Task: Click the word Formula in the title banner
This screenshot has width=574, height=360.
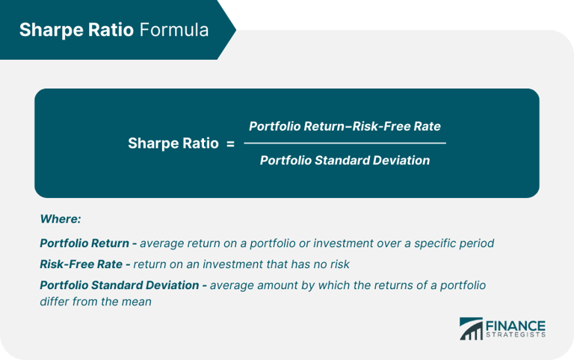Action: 176,30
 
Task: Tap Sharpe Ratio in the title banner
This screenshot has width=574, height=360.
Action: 78,30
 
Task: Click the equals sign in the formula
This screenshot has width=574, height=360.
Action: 230,143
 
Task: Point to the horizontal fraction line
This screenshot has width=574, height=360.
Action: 345,143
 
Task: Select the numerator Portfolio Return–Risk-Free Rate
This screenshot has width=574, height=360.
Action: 345,125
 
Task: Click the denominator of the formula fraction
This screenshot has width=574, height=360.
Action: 345,161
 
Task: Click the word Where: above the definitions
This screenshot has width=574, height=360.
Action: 60,220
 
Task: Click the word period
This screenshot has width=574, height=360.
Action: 477,243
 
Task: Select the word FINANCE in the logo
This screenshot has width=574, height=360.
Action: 516,326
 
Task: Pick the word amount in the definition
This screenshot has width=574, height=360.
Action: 277,285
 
